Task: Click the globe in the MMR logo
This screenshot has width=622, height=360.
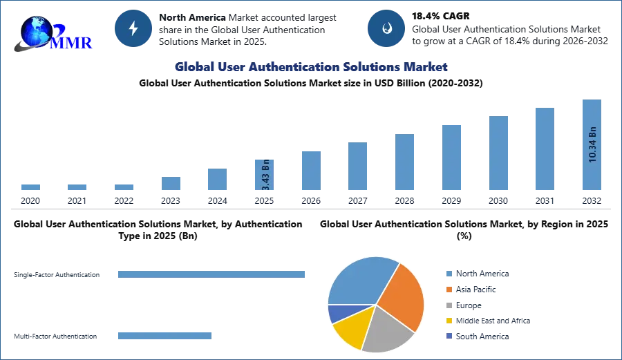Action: point(37,31)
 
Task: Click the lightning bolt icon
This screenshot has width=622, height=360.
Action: point(133,28)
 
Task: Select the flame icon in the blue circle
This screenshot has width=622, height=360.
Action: point(386,28)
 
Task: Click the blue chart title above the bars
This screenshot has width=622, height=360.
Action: point(310,67)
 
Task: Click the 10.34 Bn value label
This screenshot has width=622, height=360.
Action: point(592,144)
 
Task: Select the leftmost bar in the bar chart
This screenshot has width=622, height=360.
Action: point(30,188)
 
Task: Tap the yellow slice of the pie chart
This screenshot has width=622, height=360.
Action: point(350,328)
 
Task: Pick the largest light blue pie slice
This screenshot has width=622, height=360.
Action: point(359,280)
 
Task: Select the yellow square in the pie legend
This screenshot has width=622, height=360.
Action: point(448,321)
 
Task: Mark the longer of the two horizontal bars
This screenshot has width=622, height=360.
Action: point(212,276)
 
